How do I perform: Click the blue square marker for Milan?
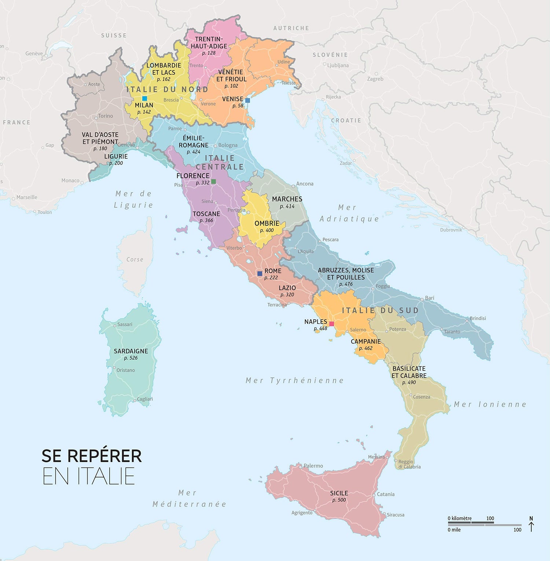coord(144,98)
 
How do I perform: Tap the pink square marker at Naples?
coord(331,324)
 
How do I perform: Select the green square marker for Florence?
coord(213,181)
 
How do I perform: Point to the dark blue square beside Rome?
coord(260,274)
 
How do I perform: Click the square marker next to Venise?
coord(247,100)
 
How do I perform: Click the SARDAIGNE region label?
coord(131,351)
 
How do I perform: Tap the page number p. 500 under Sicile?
coord(339,500)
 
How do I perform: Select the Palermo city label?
coord(313,466)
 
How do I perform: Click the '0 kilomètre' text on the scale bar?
coord(459,518)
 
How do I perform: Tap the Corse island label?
coord(135,260)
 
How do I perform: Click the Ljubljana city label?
coord(338,65)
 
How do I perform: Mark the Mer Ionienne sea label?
coord(490,404)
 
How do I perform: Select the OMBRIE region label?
coord(267,223)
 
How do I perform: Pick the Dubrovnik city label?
coord(451,230)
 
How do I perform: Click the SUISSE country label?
coord(114,36)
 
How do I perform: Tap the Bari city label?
coord(429,298)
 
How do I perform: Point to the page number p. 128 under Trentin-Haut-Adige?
coord(209,53)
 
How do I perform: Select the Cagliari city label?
coord(145,399)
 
